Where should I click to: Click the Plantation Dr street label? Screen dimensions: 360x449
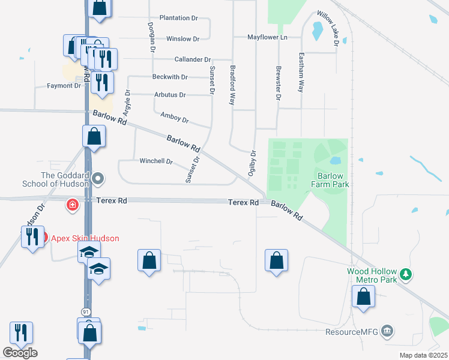pyautogui.click(x=178, y=19)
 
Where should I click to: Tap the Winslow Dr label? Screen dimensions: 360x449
pyautogui.click(x=182, y=39)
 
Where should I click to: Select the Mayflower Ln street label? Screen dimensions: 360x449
pyautogui.click(x=268, y=37)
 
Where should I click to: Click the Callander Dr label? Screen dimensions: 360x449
pyautogui.click(x=192, y=60)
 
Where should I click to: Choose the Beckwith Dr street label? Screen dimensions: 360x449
pyautogui.click(x=170, y=77)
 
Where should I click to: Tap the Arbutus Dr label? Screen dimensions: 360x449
pyautogui.click(x=170, y=95)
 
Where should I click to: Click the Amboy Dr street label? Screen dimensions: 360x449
pyautogui.click(x=175, y=117)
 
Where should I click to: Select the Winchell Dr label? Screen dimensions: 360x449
pyautogui.click(x=156, y=161)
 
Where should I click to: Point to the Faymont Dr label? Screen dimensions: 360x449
pyautogui.click(x=64, y=86)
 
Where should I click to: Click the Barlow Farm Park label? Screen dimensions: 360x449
pyautogui.click(x=330, y=180)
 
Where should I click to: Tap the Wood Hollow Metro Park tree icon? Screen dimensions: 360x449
pyautogui.click(x=406, y=274)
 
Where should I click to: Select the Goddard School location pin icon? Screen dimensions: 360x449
pyautogui.click(x=100, y=179)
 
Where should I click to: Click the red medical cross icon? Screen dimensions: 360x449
pyautogui.click(x=73, y=205)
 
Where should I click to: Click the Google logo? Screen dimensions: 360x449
pyautogui.click(x=20, y=353)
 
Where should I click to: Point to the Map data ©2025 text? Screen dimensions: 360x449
pyautogui.click(x=424, y=355)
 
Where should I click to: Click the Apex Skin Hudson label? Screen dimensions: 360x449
pyautogui.click(x=84, y=238)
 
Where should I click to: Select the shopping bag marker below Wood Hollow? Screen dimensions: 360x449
pyautogui.click(x=363, y=297)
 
